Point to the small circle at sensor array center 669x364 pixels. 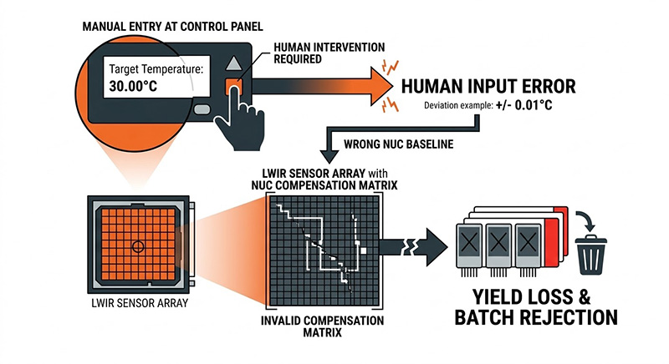(136, 245)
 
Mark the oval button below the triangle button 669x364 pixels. (202, 109)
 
